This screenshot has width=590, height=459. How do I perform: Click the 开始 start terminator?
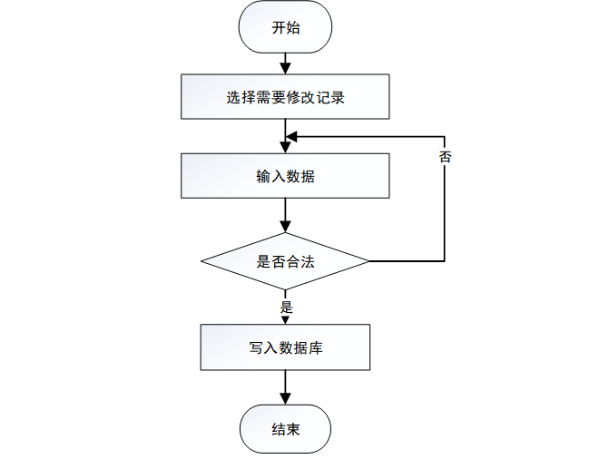[285, 28]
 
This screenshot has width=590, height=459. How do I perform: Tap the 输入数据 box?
[285, 176]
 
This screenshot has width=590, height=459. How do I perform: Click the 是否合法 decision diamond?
[285, 262]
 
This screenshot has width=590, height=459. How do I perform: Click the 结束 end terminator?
[285, 429]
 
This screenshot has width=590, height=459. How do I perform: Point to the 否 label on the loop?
[445, 156]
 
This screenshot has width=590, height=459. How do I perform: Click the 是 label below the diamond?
[287, 307]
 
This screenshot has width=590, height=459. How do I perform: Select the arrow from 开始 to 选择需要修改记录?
[285, 63]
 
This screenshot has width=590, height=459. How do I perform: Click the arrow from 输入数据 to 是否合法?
[285, 215]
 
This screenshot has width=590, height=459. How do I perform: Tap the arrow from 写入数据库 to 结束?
[285, 387]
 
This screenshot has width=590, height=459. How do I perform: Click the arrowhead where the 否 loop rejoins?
[291, 137]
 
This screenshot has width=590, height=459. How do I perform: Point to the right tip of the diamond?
[368, 262]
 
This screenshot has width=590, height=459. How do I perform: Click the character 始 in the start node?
[292, 28]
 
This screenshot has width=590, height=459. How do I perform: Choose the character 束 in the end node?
[292, 429]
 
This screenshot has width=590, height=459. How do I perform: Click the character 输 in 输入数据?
[263, 176]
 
